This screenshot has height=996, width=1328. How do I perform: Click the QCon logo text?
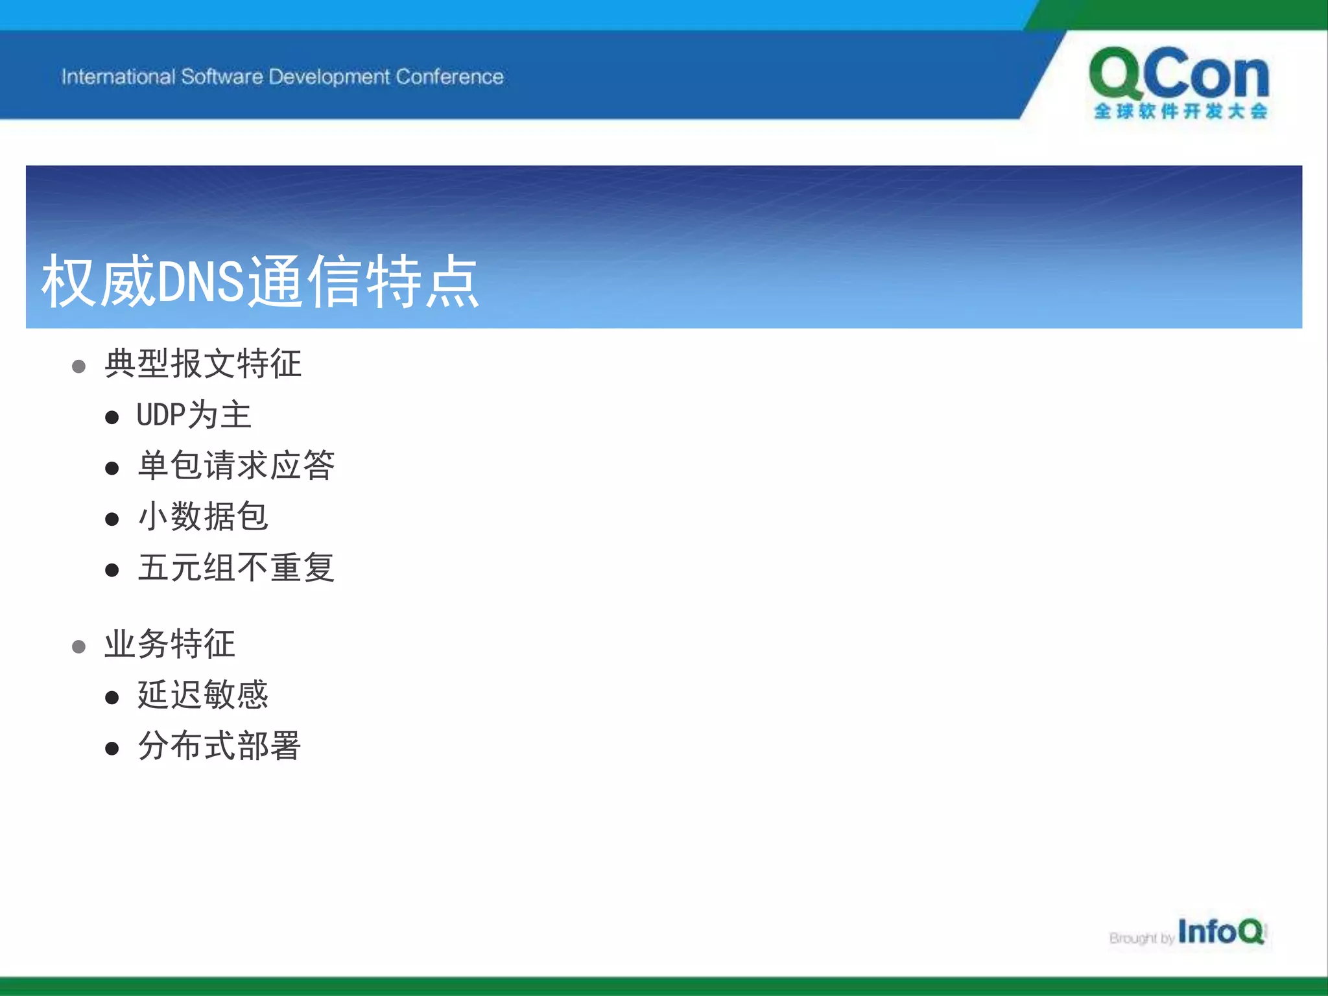tap(1179, 75)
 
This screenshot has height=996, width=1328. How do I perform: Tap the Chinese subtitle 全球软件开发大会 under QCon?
tap(1180, 112)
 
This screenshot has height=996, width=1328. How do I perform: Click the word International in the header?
tap(118, 77)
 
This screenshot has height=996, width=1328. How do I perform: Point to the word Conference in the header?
tap(449, 77)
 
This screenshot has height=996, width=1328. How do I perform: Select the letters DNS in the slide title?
tap(201, 282)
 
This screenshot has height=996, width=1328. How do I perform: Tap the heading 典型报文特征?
tap(203, 364)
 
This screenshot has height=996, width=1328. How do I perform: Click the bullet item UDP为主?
tap(194, 415)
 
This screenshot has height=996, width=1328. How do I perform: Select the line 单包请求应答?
tap(236, 466)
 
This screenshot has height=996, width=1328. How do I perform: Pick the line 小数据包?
tap(203, 517)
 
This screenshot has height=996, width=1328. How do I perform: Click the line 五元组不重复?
tap(236, 568)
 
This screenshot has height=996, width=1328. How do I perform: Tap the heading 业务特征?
tap(170, 645)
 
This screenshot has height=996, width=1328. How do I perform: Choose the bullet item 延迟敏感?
tap(203, 695)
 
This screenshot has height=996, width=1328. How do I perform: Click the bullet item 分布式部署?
tap(219, 746)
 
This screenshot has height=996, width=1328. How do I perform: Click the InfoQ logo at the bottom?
tap(1220, 932)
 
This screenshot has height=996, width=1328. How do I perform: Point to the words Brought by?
tap(1141, 938)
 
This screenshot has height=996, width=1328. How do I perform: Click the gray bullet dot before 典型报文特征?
tap(78, 367)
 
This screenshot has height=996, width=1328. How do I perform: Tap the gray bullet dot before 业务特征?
tap(78, 647)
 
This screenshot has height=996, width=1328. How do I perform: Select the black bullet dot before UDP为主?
tap(112, 418)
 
